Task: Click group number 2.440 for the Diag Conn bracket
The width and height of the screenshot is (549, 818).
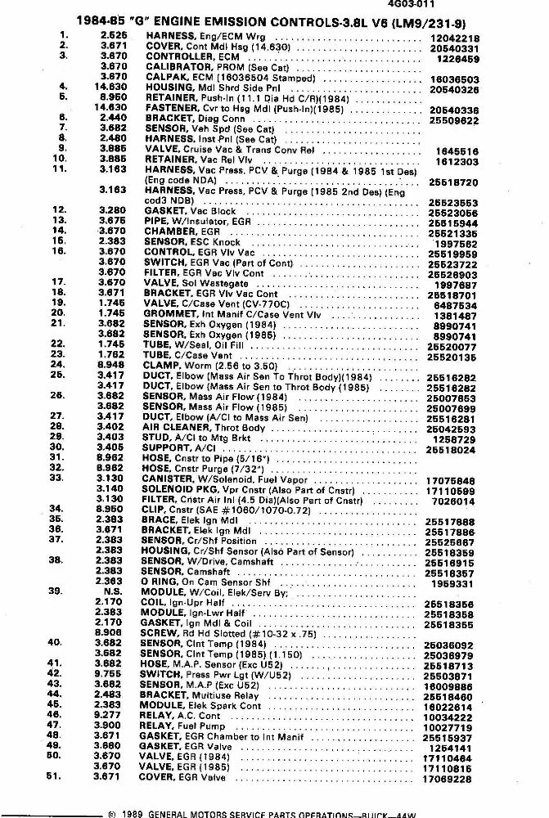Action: [x=112, y=118]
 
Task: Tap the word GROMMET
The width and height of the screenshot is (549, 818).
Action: [x=170, y=313]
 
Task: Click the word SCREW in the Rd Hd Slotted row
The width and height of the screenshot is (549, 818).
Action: [x=162, y=632]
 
